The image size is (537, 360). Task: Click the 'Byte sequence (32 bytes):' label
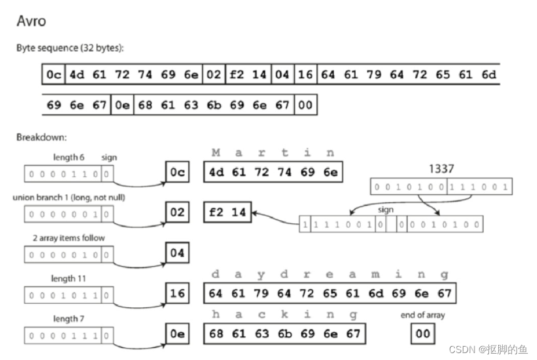tap(70, 48)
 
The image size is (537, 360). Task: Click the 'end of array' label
tap(422, 315)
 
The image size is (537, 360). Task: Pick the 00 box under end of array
tap(423, 334)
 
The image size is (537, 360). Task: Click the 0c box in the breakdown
tap(177, 173)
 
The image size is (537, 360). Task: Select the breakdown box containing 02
tap(177, 212)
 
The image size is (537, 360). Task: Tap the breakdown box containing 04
tap(177, 253)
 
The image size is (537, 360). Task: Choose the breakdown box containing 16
tap(177, 293)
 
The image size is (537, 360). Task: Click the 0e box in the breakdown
tap(177, 334)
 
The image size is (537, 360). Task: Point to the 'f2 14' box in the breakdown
tap(227, 212)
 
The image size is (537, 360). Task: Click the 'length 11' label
tap(69, 279)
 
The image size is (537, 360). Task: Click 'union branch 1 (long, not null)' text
tap(69, 198)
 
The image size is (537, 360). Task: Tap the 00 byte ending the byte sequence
tap(306, 105)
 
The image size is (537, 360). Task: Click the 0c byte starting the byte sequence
tap(53, 75)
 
